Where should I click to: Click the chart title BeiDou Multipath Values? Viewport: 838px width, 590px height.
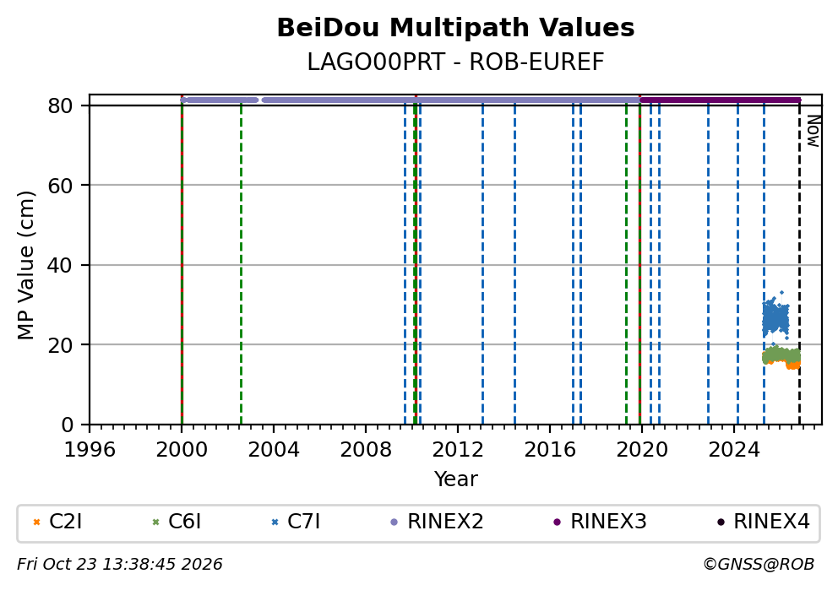pyautogui.click(x=455, y=28)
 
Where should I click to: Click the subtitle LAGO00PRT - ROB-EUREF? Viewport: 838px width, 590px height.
pyautogui.click(x=455, y=62)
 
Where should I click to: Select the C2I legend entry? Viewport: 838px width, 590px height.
pyautogui.click(x=57, y=521)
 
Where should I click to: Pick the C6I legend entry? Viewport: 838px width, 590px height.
pyautogui.click(x=177, y=521)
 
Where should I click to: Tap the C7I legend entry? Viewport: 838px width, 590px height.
pyautogui.click(x=296, y=521)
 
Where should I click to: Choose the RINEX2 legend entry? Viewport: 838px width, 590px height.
pyautogui.click(x=438, y=521)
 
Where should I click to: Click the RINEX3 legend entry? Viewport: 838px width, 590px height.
pyautogui.click(x=600, y=521)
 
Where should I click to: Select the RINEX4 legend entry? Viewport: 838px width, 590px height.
pyautogui.click(x=763, y=521)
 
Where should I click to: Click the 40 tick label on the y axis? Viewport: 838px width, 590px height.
pyautogui.click(x=60, y=265)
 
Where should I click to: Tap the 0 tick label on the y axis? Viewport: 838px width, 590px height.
pyautogui.click(x=68, y=425)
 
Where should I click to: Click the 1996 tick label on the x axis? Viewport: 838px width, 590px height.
pyautogui.click(x=90, y=450)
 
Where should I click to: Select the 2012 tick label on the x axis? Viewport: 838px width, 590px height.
pyautogui.click(x=458, y=450)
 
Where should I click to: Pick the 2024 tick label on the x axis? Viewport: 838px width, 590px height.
pyautogui.click(x=734, y=450)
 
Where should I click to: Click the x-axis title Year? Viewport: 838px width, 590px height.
pyautogui.click(x=455, y=479)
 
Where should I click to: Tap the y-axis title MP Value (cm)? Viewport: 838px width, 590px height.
pyautogui.click(x=25, y=265)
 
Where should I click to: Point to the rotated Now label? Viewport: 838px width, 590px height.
pyautogui.click(x=813, y=132)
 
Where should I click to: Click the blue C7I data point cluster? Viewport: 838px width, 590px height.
pyautogui.click(x=775, y=318)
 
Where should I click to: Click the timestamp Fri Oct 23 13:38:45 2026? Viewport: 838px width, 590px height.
pyautogui.click(x=120, y=565)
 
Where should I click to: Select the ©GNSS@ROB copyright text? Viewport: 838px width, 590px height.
pyautogui.click(x=759, y=565)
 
